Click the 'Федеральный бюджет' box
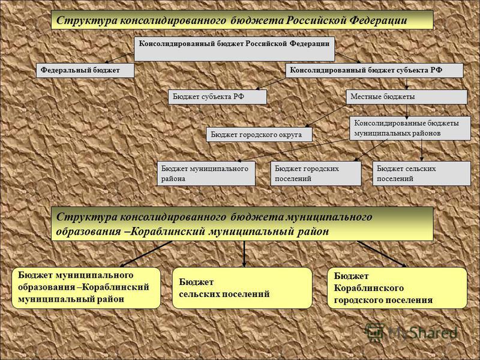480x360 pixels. click(85, 70)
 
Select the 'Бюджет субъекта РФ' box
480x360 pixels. click(217, 97)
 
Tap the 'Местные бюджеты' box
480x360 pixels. click(407, 97)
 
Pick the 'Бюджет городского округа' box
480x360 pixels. click(259, 134)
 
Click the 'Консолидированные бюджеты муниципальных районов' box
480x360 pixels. click(410, 128)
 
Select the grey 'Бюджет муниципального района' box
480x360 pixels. click(206, 173)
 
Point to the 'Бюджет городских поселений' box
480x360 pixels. click(316, 173)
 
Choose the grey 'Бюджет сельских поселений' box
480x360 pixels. click(422, 173)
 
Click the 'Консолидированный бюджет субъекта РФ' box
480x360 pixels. click(374, 70)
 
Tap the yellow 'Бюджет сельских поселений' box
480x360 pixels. click(242, 288)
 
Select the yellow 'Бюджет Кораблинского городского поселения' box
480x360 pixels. click(397, 288)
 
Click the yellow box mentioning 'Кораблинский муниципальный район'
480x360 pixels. click(86, 288)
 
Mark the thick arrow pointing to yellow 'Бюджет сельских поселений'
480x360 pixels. click(244, 254)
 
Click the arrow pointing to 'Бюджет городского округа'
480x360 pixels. click(326, 116)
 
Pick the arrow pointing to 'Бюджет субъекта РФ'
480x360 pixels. click(271, 83)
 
